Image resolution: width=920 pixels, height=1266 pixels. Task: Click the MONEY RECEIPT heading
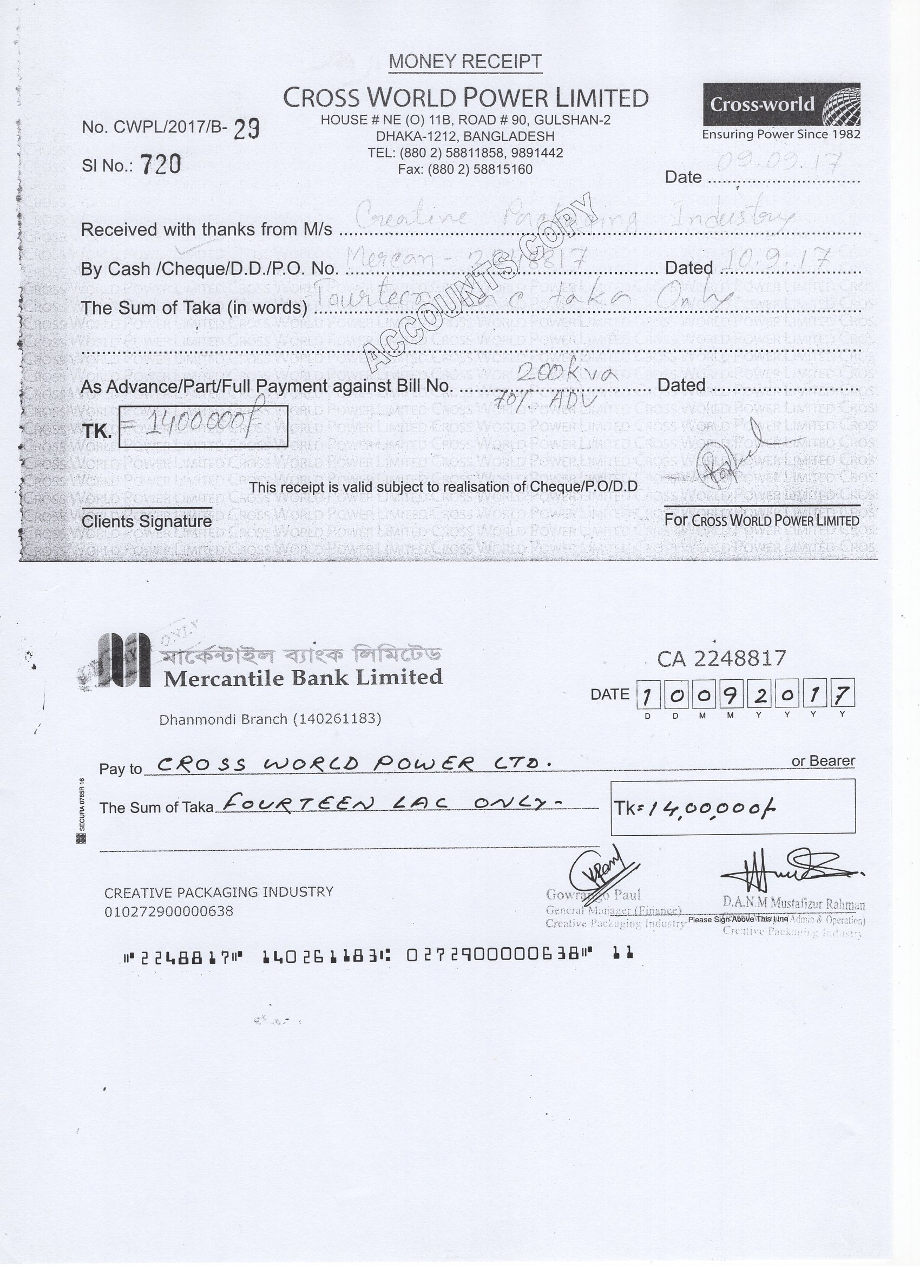pos(465,61)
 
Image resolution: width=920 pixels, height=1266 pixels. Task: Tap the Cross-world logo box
pos(781,104)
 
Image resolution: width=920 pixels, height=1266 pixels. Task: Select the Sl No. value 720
pos(160,164)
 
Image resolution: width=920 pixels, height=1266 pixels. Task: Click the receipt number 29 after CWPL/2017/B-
pos(246,129)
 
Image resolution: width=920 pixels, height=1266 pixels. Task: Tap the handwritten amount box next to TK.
pos(203,426)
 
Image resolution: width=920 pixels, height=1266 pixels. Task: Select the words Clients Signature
pos(146,521)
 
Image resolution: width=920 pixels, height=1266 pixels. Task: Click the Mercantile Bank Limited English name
pos(303,678)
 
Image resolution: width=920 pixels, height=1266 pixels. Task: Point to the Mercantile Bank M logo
pos(123,660)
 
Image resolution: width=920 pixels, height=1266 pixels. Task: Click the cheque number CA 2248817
pos(721,659)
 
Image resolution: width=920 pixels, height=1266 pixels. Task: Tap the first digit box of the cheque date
pos(647,696)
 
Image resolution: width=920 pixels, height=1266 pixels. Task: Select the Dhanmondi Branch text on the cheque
pos(270,719)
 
